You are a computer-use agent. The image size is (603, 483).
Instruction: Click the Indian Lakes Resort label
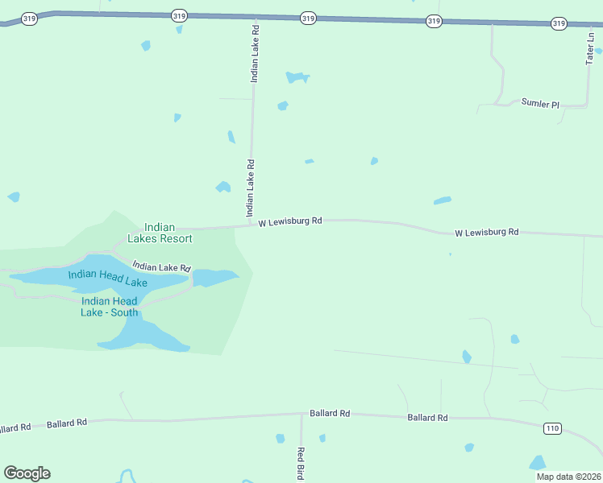pos(160,233)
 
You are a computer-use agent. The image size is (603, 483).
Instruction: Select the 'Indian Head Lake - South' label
pos(109,307)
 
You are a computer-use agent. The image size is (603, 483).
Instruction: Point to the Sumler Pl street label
pos(539,104)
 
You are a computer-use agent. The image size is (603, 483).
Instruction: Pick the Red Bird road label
pos(300,463)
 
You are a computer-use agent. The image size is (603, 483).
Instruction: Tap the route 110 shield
pos(551,427)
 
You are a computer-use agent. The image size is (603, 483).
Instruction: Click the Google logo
pos(27,473)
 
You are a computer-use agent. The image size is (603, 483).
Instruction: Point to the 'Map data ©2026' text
pos(568,477)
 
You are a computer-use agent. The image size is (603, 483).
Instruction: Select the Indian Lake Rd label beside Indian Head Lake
pos(161,266)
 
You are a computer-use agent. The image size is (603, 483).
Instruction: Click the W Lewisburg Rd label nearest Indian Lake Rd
pos(290,221)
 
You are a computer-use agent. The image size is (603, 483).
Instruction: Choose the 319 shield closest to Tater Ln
pos(559,23)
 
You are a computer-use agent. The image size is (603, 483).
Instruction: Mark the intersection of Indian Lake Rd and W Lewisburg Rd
pos(250,226)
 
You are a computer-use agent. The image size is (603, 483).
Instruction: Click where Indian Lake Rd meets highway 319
pos(255,16)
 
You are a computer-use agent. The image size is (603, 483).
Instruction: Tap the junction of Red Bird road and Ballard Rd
pos(301,415)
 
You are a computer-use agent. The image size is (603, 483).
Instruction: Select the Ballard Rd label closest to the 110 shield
pos(427,418)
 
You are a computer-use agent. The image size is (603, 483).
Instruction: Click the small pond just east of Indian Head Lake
pos(214,278)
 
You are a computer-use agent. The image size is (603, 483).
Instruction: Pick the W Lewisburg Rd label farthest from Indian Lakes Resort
pos(486,232)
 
